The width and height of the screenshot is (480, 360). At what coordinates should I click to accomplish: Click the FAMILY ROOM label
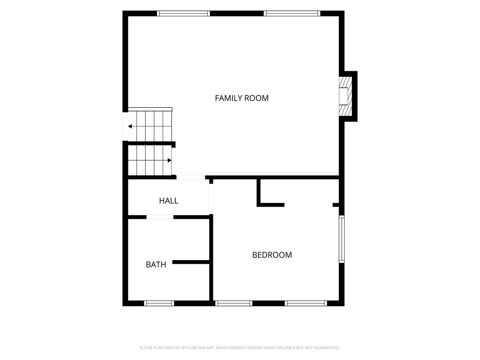point(241,98)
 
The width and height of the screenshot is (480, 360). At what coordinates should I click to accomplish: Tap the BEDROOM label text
point(272,255)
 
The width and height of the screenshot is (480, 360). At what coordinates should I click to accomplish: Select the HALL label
point(168,201)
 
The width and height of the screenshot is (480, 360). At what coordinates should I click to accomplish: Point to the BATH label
point(156,264)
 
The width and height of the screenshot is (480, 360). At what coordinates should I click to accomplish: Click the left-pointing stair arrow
point(130,127)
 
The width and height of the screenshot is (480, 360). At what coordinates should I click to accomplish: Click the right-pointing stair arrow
point(169,160)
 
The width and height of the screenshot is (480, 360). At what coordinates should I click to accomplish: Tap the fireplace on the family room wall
point(345,96)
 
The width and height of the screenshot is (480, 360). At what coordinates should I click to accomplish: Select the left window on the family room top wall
point(183,14)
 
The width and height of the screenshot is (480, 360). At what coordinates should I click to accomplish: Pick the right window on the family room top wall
point(292,14)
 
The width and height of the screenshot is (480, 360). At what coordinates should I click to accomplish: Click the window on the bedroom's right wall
point(342,239)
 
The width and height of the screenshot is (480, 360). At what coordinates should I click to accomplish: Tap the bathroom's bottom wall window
point(159,303)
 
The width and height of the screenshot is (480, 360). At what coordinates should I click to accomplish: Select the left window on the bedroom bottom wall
point(233,303)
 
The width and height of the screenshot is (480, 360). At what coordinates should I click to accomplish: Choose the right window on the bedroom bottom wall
point(306,303)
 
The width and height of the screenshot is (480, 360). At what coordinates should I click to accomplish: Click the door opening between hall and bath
point(160,217)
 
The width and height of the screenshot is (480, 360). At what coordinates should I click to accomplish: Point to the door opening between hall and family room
point(190,177)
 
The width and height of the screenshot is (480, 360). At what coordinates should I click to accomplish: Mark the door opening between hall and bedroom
point(211,199)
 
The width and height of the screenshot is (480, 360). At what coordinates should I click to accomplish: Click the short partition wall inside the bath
point(191,262)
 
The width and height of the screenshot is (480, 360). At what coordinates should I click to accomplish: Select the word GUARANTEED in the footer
point(328,348)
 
